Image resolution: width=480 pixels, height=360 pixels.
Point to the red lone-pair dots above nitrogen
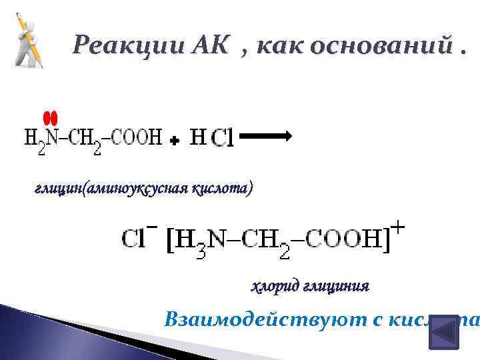(51, 118)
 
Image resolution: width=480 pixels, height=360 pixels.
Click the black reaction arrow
(265, 136)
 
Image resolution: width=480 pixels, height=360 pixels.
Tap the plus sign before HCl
(174, 141)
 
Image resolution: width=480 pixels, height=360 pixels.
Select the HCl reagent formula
(211, 139)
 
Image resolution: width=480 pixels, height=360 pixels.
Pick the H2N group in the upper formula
(41, 140)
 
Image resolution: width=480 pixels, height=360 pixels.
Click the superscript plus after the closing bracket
(397, 229)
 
